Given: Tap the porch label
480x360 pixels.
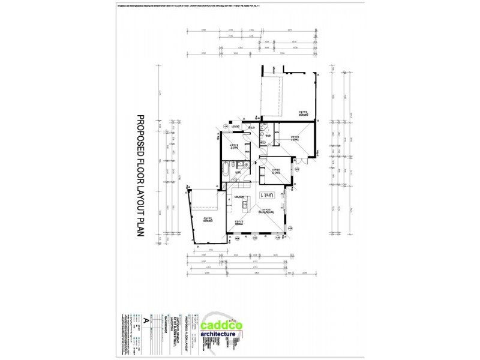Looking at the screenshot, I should tap(236, 127).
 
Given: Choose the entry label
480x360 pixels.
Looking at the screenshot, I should tap(253, 127).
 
